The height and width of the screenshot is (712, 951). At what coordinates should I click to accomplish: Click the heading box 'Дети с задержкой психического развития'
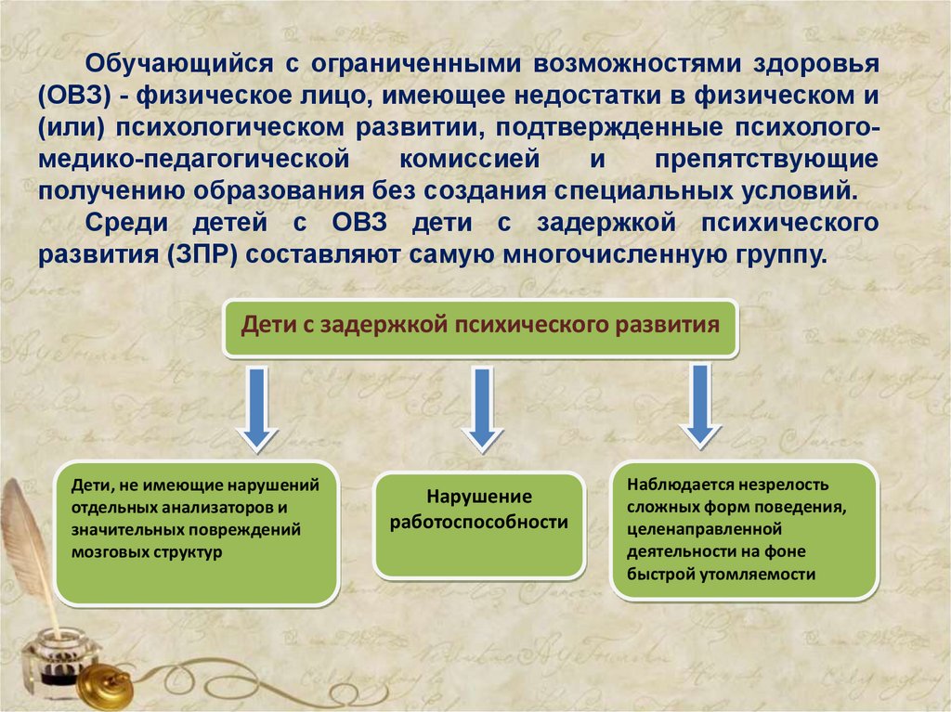point(480,328)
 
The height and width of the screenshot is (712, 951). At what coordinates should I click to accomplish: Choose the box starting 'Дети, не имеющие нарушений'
point(195,532)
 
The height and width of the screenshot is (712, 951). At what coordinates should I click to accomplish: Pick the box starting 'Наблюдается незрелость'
point(744,529)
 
